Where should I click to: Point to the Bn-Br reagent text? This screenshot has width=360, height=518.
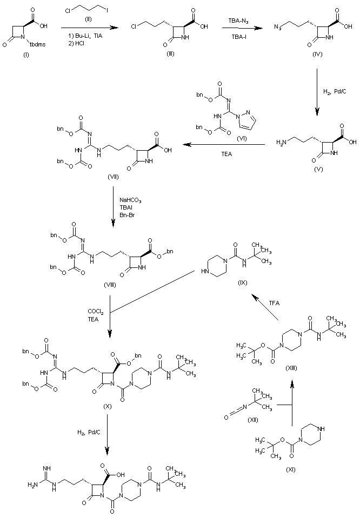click(x=127, y=214)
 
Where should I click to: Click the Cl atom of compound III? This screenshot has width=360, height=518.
click(x=134, y=26)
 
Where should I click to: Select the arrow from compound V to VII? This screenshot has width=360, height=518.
click(x=222, y=145)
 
